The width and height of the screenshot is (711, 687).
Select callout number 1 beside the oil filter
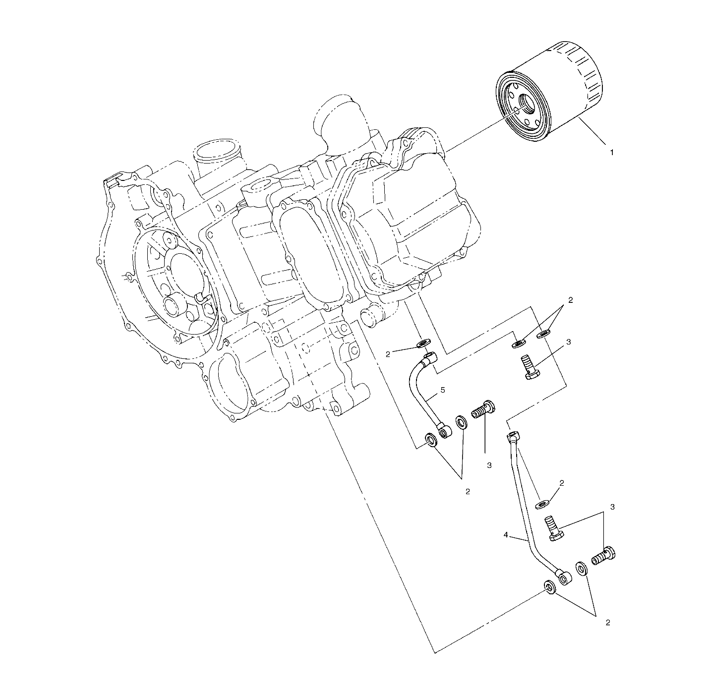click(611, 153)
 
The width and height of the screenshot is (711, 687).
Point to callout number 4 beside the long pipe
click(505, 535)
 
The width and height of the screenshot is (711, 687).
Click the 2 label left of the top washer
click(388, 354)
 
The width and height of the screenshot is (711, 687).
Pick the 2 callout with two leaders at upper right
click(570, 300)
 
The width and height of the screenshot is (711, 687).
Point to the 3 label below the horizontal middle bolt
click(489, 465)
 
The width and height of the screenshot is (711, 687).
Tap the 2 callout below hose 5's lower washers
click(467, 492)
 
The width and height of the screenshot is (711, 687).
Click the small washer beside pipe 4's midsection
click(543, 505)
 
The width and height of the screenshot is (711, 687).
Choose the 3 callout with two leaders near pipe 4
click(612, 507)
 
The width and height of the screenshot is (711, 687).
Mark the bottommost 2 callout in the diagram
click(607, 623)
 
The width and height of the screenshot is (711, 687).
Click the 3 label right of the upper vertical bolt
click(569, 342)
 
